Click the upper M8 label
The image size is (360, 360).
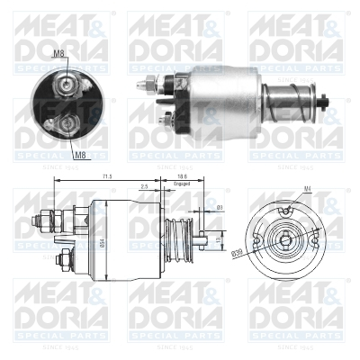coord(58,54)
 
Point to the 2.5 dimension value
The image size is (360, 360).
coord(144,186)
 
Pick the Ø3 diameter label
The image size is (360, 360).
coord(219,209)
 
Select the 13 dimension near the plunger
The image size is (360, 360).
coord(220,240)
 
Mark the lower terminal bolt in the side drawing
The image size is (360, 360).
coord(64,261)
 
